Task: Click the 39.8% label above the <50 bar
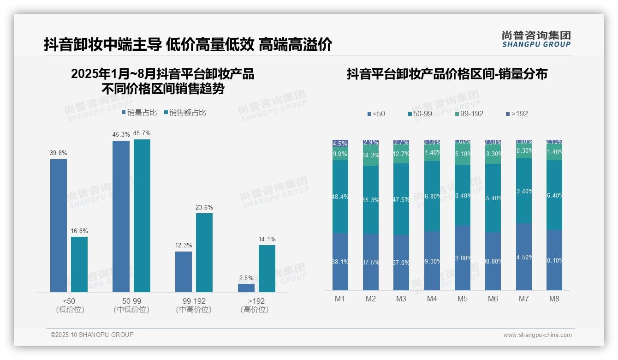coord(58,153)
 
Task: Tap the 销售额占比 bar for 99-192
coord(204,252)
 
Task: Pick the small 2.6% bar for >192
coord(246,288)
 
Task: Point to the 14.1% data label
coord(267,239)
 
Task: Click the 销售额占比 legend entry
coord(185,112)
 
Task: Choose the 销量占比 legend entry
coord(139,112)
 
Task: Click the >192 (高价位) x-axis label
coord(254,305)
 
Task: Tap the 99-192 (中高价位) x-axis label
coord(194,305)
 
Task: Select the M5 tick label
coord(462,299)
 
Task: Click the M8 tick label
coord(554,299)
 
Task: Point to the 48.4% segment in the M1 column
coord(340,197)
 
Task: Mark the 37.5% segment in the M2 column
coord(371,262)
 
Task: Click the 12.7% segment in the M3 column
coord(401,154)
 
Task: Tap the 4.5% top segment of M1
coord(340,144)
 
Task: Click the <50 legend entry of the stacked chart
coord(376,114)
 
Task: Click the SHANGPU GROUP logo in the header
coord(536,39)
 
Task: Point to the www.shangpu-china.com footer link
coord(537,335)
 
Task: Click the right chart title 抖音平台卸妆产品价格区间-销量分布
coord(447,74)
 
